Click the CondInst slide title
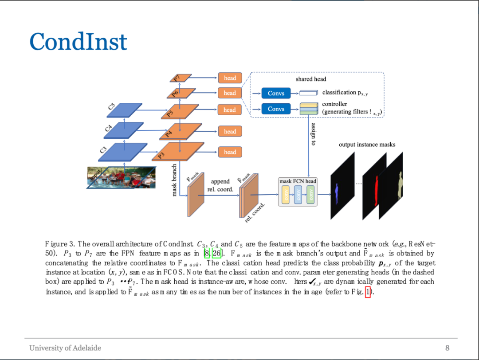coord(78,41)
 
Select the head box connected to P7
coord(230,78)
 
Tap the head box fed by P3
coord(230,152)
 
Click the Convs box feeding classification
coord(276,94)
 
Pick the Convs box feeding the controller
coord(276,109)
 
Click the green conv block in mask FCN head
coord(310,195)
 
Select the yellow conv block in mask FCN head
coord(286,195)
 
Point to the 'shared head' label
coord(310,79)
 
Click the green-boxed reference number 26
coord(216,254)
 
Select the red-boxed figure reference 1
coord(367,292)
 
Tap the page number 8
coord(447,348)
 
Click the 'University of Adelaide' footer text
coord(65,348)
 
